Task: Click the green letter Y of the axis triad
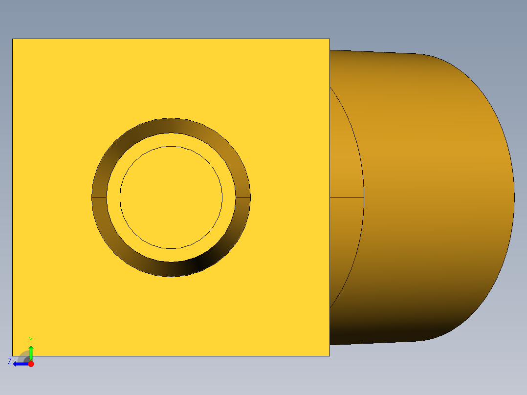point(30,339)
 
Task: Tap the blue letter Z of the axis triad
point(10,361)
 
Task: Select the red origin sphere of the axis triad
point(31,364)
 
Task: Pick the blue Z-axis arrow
point(20,364)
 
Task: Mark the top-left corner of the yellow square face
point(13,39)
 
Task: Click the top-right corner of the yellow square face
point(329,39)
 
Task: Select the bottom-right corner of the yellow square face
point(329,355)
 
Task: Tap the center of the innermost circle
point(171,197)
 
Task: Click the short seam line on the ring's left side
point(99,197)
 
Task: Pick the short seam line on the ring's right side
point(243,197)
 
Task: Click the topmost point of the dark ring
point(171,118)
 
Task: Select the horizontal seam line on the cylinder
point(347,197)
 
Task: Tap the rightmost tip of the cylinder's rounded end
point(514,197)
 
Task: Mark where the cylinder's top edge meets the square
point(330,50)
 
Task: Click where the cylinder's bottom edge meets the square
point(330,345)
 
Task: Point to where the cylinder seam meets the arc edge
point(364,197)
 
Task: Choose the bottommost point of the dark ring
point(171,277)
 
